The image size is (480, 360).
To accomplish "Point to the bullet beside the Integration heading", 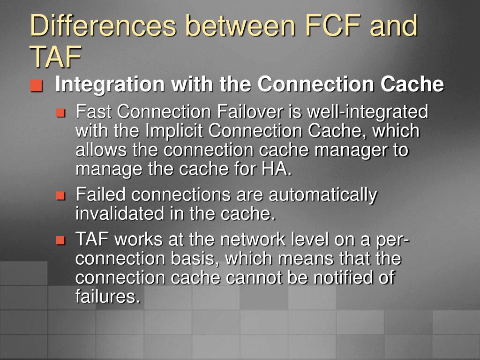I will click(37, 86).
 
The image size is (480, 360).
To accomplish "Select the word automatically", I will click(322, 195).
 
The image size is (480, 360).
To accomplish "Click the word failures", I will click(107, 296).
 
